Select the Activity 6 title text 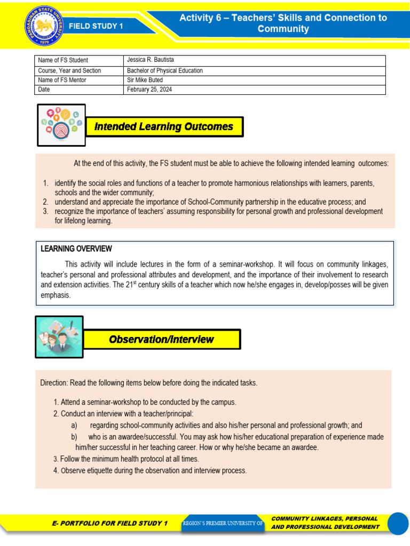283,23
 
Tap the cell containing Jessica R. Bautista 151,60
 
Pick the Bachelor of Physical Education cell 165,70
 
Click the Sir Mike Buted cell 145,80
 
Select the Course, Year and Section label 69,70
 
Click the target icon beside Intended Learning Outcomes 61,125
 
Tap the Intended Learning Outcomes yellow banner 164,127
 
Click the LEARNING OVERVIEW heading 76,249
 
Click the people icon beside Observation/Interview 59,337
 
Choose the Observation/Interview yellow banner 162,339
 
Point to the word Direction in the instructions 54,383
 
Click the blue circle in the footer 398,524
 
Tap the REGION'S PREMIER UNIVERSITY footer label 223,524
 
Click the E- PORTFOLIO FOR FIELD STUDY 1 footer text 109,523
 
